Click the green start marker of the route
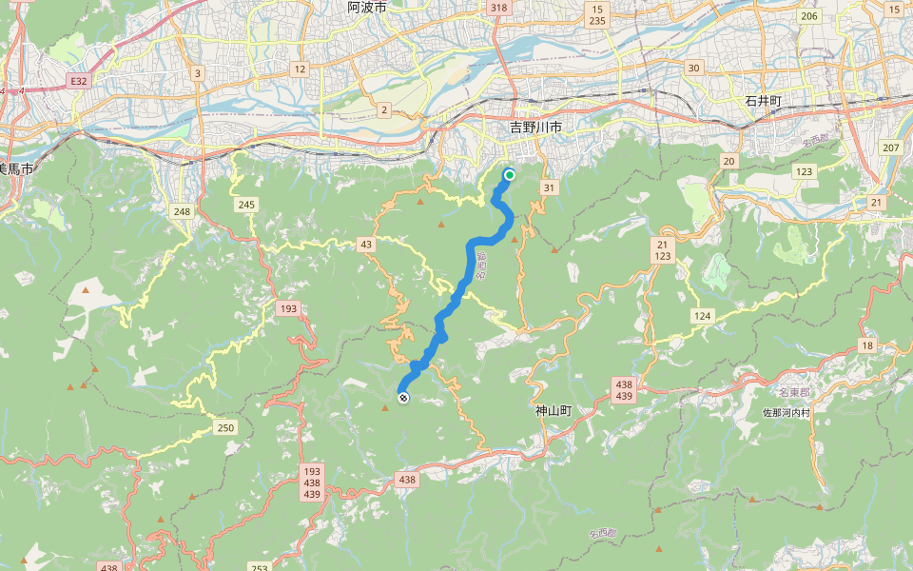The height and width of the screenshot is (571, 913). pyautogui.click(x=510, y=174)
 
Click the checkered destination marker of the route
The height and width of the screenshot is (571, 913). pyautogui.click(x=403, y=398)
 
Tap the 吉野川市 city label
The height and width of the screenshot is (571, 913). pyautogui.click(x=535, y=127)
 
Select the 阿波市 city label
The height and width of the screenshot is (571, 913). pyautogui.click(x=367, y=7)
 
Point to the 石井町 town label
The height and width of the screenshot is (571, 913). pyautogui.click(x=763, y=101)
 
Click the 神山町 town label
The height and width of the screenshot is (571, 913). pyautogui.click(x=553, y=411)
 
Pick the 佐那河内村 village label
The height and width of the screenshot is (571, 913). pyautogui.click(x=787, y=413)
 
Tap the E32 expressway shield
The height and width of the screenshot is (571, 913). pyautogui.click(x=79, y=82)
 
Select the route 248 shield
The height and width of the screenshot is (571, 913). pyautogui.click(x=182, y=209)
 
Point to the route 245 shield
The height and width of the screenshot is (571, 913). pyautogui.click(x=247, y=205)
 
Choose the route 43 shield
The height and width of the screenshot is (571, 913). pyautogui.click(x=366, y=245)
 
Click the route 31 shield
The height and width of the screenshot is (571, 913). pyautogui.click(x=549, y=187)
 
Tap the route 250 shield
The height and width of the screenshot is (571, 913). pyautogui.click(x=224, y=427)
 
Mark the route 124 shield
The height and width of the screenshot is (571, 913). pyautogui.click(x=702, y=315)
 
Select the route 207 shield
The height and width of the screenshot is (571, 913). pyautogui.click(x=890, y=147)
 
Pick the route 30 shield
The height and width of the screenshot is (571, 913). pyautogui.click(x=693, y=68)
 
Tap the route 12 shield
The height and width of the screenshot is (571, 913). pyautogui.click(x=300, y=69)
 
